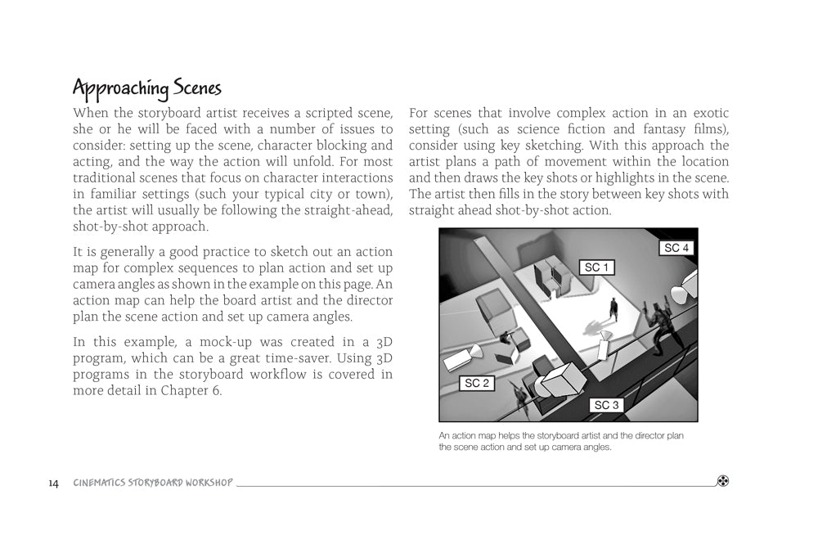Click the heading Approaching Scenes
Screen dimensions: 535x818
[147, 87]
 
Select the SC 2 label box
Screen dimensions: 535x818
[476, 383]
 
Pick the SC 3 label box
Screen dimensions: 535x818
[606, 405]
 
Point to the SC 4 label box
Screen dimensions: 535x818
[676, 248]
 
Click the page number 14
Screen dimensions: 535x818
[53, 483]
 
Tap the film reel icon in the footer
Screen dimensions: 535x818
[722, 481]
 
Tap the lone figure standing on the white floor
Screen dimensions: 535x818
[613, 310]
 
